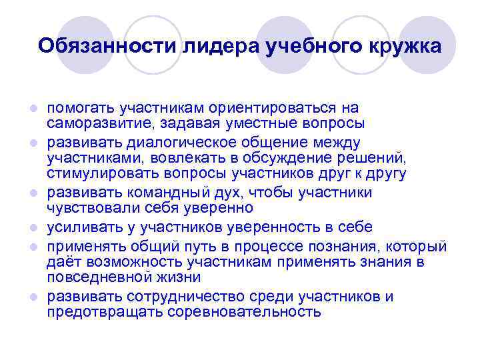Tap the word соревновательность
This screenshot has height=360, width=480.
[249, 312]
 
